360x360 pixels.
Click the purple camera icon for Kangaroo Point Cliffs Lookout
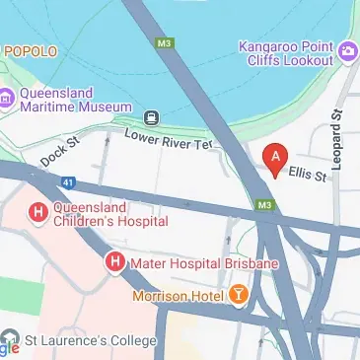click(347, 50)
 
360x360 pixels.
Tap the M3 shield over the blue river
click(165, 42)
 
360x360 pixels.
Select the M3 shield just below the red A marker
click(263, 205)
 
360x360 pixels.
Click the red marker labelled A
click(275, 157)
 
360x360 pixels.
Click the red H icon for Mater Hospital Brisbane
click(114, 263)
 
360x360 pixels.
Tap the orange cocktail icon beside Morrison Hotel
click(239, 294)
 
